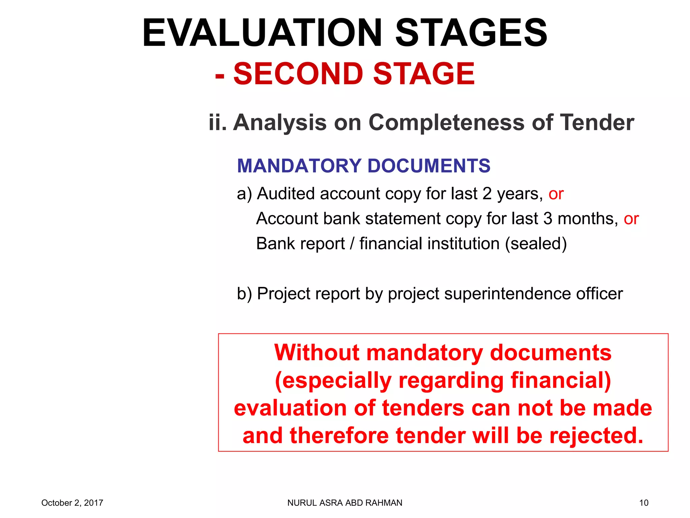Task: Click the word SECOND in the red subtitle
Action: click(298, 74)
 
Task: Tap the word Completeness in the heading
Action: click(446, 122)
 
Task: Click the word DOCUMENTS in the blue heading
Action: click(429, 166)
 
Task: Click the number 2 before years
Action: click(487, 194)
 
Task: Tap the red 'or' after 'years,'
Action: click(556, 194)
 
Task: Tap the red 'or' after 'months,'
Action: click(631, 219)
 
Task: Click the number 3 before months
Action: click(547, 219)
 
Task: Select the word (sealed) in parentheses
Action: click(536, 244)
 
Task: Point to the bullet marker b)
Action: click(244, 294)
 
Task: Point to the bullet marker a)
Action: click(244, 194)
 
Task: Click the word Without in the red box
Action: click(317, 353)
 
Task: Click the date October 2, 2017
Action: click(72, 503)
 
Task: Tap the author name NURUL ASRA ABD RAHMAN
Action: click(345, 503)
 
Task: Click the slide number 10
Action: click(644, 503)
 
